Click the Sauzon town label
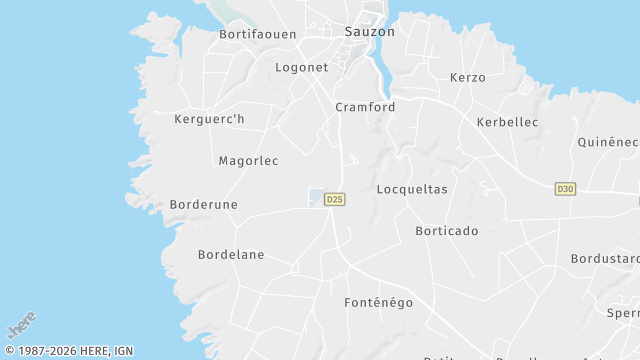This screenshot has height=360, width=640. pos(369,31)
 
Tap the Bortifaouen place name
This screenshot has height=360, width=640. pos(258,34)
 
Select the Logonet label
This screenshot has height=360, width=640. pos(301,67)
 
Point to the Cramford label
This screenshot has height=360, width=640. pos(365,107)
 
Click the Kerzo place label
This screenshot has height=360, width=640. pos(467,77)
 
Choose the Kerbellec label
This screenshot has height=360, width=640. pos(508,122)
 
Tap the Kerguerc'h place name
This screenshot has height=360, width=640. pos(209,120)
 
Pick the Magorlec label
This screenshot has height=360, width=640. pos(248,160)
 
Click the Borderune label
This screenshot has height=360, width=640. pos(204,204)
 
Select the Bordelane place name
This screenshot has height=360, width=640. pos(231,254)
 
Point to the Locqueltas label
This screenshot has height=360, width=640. pos(412,188)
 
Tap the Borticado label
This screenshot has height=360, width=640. pos(446,230)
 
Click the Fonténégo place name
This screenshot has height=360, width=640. pos(378,302)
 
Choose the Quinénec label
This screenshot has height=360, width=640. pos(608,142)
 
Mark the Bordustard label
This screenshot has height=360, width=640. pos(604,258)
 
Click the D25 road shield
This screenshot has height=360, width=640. pos(334,200)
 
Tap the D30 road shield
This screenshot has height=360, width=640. pos(565,188)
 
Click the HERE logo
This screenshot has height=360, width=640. pos(22,324)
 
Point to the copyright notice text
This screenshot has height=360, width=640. pos(69,351)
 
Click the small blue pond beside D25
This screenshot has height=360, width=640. pos(315,197)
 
